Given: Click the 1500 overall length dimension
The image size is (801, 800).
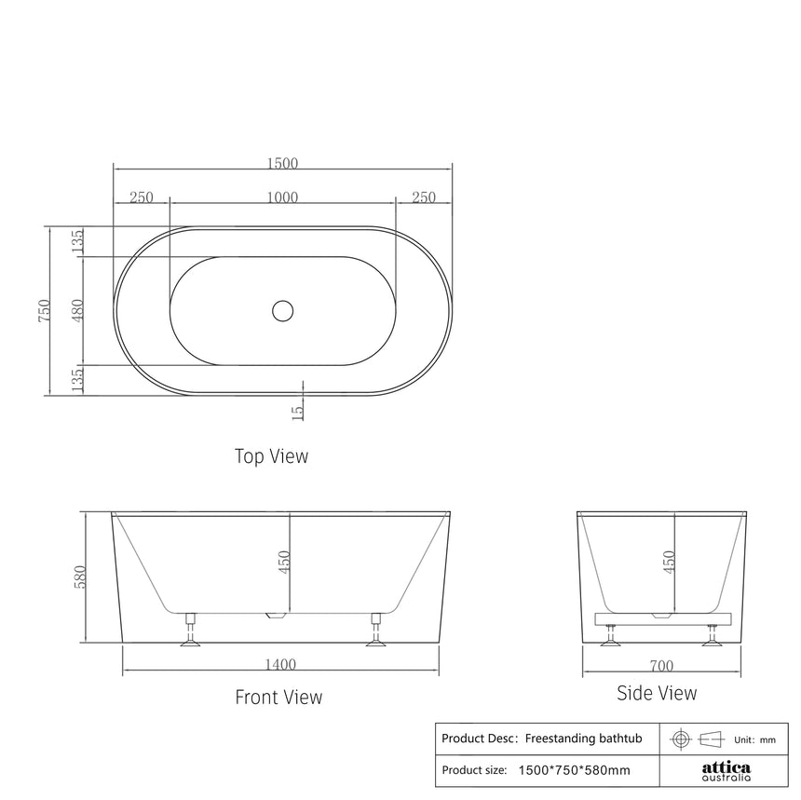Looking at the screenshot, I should coord(282,163).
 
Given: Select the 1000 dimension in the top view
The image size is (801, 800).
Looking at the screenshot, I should coord(282,197).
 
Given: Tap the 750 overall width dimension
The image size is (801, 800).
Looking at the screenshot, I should coord(43,310).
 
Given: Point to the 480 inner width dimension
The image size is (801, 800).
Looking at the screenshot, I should coord(77,310).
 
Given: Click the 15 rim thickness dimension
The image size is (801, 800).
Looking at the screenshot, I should coord(298,411).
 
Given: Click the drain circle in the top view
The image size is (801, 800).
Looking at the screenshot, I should coord(282,310).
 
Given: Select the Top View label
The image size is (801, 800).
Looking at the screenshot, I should coord(271,456).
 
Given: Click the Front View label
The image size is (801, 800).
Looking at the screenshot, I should coord(278,697).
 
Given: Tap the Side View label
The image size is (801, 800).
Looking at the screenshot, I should coord(657,693).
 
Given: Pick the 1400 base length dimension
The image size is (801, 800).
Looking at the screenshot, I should coord(280,664).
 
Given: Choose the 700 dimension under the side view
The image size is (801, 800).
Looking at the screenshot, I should coord(661,666).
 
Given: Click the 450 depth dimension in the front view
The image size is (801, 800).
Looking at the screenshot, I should coord(285,562).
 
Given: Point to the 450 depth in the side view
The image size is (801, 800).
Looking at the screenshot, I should coord(669,562).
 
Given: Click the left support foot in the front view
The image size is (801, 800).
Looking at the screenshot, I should coord(190,631).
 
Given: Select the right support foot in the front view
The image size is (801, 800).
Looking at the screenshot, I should coord(376,631).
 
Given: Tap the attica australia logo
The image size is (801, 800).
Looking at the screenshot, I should coord(725,770).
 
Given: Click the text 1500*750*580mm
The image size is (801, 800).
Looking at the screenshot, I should coord(574,770).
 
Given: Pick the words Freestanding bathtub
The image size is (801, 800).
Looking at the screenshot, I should coord(584,739).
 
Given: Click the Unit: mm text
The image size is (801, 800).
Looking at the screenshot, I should coord(754,739).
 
